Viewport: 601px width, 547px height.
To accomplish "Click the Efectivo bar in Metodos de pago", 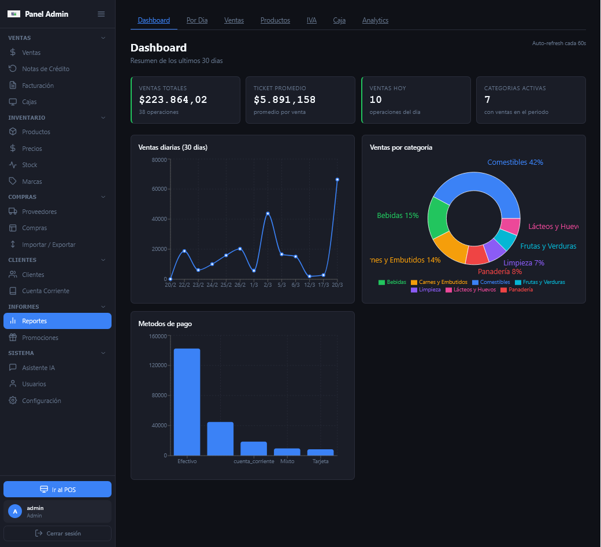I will pyautogui.click(x=187, y=402).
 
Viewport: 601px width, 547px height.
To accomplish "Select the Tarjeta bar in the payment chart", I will pyautogui.click(x=321, y=452).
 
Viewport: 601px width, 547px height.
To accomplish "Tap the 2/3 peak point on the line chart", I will pyautogui.click(x=268, y=213).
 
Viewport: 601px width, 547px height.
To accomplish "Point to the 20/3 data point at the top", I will pyautogui.click(x=337, y=180).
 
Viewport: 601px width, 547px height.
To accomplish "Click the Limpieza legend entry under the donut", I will pyautogui.click(x=425, y=290).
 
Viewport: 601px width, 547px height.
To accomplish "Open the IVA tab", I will pyautogui.click(x=311, y=20).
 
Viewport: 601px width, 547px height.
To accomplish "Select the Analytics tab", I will pyautogui.click(x=375, y=20).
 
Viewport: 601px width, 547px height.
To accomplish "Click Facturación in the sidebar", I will pyautogui.click(x=38, y=86).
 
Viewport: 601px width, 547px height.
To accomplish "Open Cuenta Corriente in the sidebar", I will pyautogui.click(x=45, y=291).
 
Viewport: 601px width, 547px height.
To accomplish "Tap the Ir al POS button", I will pyautogui.click(x=57, y=490).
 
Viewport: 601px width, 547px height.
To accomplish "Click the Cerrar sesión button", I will pyautogui.click(x=57, y=533).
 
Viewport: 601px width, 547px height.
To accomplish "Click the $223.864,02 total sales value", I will pyautogui.click(x=173, y=100).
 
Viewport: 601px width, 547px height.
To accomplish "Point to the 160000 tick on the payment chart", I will pyautogui.click(x=158, y=336).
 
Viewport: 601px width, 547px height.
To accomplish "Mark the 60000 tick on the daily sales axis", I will pyautogui.click(x=159, y=189).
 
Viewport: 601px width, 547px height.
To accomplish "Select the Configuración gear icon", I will pyautogui.click(x=13, y=401).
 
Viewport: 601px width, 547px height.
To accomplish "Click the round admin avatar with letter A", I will pyautogui.click(x=16, y=511).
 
